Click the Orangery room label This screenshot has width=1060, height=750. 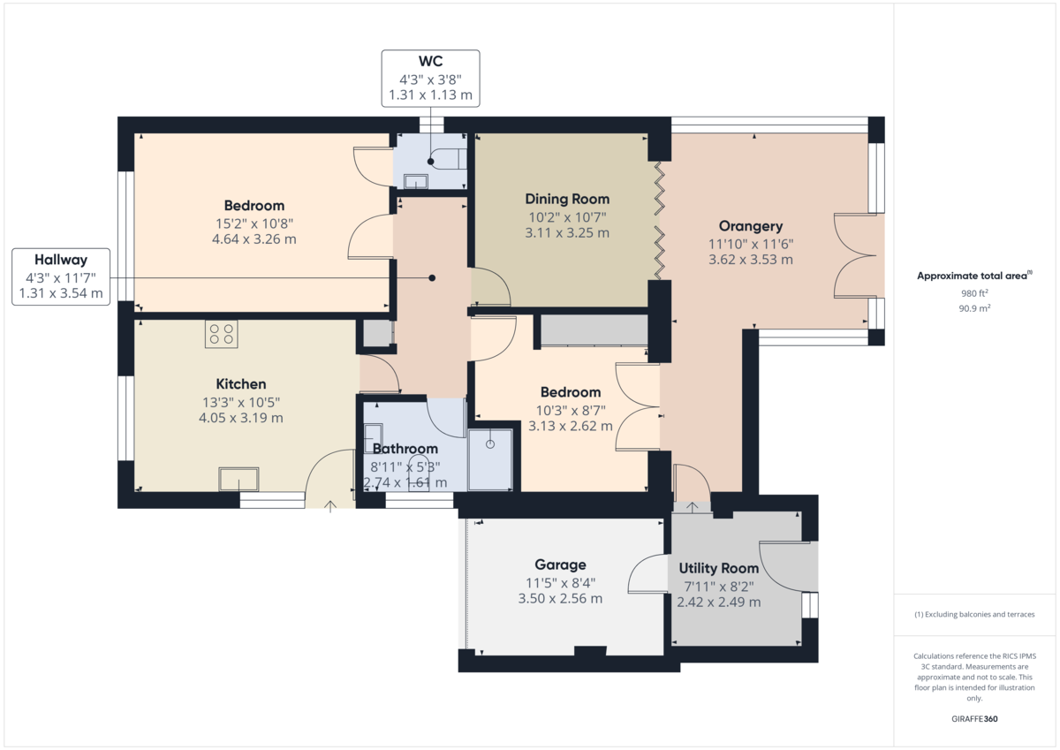click(750, 226)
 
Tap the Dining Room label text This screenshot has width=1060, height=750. click(567, 199)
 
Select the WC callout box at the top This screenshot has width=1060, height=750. click(430, 78)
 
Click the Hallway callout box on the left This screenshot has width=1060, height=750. click(60, 277)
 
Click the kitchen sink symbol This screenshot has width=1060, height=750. click(239, 478)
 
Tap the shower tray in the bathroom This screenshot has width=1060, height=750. click(489, 458)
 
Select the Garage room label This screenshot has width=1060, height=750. click(560, 565)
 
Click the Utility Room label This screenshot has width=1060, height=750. click(718, 568)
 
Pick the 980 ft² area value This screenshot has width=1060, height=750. click(974, 293)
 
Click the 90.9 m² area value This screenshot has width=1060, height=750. click(974, 308)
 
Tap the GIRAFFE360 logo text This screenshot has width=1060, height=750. click(974, 719)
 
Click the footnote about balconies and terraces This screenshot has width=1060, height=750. click(974, 614)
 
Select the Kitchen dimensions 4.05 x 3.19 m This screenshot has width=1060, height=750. click(240, 418)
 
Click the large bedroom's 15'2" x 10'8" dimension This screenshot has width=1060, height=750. click(254, 223)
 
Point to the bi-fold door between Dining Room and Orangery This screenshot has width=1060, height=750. click(658, 217)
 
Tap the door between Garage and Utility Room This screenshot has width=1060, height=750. click(649, 575)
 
